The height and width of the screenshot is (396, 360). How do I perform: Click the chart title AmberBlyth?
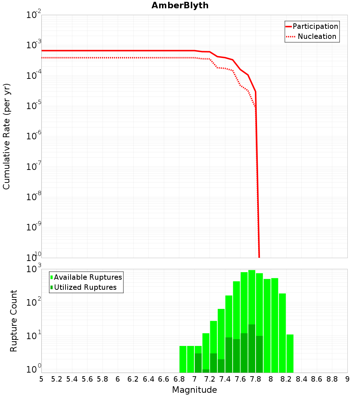180,5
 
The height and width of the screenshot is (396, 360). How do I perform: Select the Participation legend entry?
315,26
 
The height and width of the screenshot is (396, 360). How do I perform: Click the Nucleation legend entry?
317,36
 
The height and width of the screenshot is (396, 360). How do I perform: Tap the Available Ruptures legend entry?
88,277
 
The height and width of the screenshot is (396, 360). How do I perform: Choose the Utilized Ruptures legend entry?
85,287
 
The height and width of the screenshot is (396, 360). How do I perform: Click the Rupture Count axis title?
14,320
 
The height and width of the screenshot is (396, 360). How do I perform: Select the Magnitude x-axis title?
194,390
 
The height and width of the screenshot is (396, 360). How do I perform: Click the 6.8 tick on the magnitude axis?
179,379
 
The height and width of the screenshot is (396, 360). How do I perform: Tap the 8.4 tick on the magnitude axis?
302,379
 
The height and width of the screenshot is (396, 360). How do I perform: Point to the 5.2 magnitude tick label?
57,379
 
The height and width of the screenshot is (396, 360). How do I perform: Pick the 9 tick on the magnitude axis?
347,379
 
